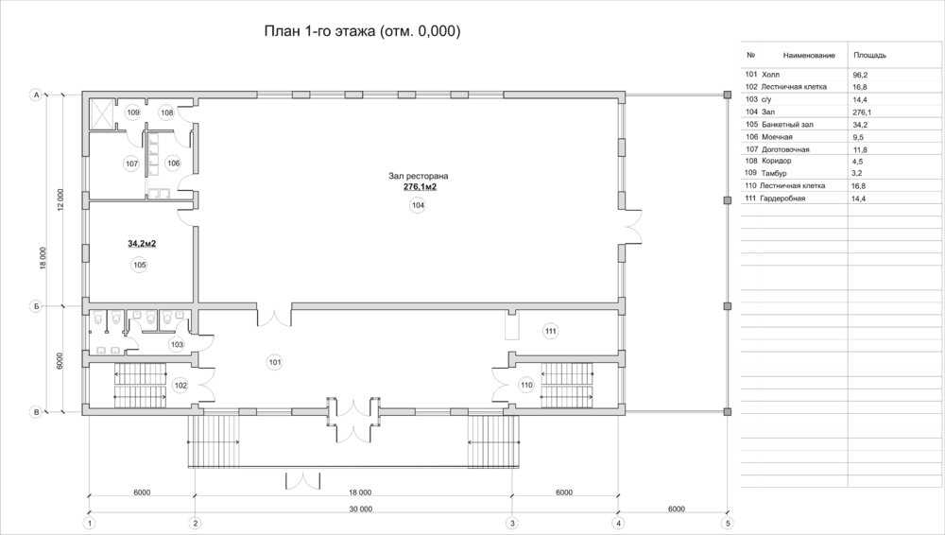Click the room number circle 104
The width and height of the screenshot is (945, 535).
418,206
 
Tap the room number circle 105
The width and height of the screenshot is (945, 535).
140,265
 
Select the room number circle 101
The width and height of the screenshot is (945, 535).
275,363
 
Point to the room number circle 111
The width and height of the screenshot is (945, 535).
550,331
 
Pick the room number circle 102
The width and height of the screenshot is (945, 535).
180,386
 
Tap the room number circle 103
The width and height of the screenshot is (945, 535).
177,344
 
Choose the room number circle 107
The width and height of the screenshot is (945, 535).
131,164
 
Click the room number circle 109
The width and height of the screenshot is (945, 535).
133,112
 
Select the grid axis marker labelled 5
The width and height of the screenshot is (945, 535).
728,524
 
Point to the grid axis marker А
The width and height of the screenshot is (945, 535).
36,95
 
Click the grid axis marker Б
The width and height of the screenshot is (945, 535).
36,306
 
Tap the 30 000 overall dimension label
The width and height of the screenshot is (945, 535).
360,509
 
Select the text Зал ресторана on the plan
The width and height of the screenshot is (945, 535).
419,176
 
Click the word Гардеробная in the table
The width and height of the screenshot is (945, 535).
782,198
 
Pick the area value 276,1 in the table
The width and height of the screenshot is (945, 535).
862,112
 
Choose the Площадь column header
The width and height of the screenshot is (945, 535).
869,56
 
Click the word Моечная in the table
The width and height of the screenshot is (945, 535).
777,137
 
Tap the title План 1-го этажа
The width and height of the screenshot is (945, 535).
319,31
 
